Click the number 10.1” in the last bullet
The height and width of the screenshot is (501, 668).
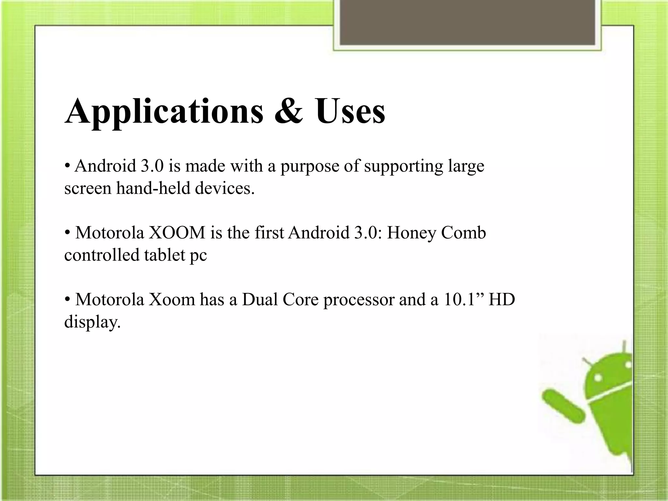point(463,299)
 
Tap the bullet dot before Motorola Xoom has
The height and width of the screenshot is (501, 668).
point(68,299)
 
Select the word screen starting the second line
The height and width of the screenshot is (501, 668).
point(88,189)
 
